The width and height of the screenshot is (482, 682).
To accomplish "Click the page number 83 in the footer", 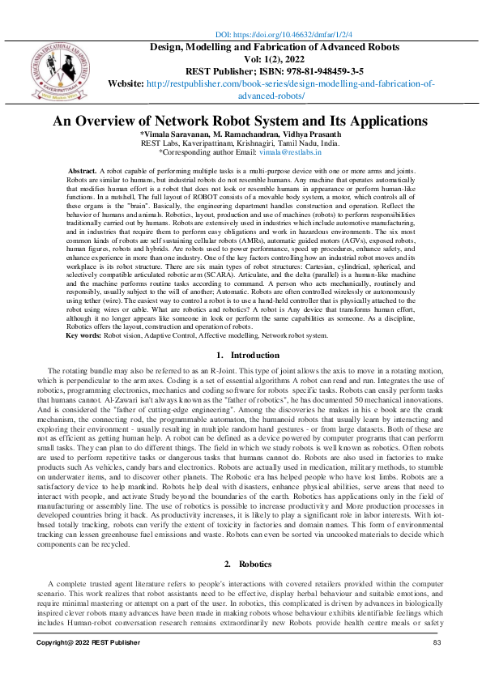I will [436, 642].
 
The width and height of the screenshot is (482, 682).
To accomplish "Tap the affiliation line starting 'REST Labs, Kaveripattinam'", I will [241, 143].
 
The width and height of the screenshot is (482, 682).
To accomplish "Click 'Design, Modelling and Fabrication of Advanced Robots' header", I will [274, 47].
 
